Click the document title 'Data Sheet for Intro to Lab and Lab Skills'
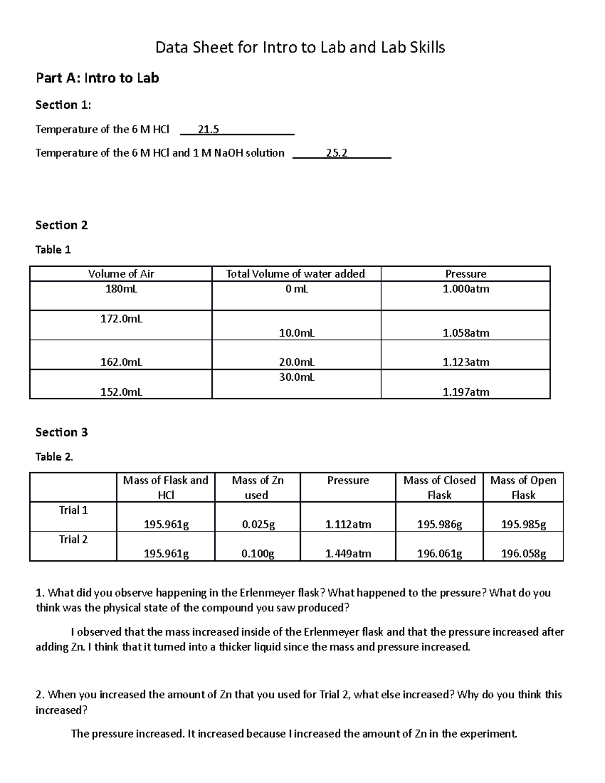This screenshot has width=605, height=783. pyautogui.click(x=300, y=48)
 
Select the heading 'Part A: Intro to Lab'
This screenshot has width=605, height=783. pyautogui.click(x=97, y=78)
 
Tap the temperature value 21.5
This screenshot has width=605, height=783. pyautogui.click(x=208, y=130)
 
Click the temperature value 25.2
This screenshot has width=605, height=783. pyautogui.click(x=336, y=153)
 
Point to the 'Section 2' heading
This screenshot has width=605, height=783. pyautogui.click(x=62, y=225)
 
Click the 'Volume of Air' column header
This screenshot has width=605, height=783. pyautogui.click(x=121, y=274)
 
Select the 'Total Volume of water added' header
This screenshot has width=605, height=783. pyautogui.click(x=295, y=274)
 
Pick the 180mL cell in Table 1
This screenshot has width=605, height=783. pyautogui.click(x=121, y=289)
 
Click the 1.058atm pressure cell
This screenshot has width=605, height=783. pyautogui.click(x=465, y=333)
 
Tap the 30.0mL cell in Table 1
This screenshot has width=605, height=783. pyautogui.click(x=296, y=377)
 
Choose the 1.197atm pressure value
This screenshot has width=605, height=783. pyautogui.click(x=465, y=392)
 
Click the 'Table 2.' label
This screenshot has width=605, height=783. pyautogui.click(x=54, y=457)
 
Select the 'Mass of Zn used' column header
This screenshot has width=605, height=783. pyautogui.click(x=257, y=488)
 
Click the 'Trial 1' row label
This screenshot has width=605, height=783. pyautogui.click(x=73, y=510)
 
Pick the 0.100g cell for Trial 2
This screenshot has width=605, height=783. pyautogui.click(x=258, y=554)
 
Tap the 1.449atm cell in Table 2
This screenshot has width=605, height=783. pyautogui.click(x=348, y=554)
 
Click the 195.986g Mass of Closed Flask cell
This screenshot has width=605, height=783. pyautogui.click(x=439, y=525)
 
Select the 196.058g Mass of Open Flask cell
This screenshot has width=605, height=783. pyautogui.click(x=523, y=554)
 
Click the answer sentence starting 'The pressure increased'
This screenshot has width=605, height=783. pyautogui.click(x=294, y=734)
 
